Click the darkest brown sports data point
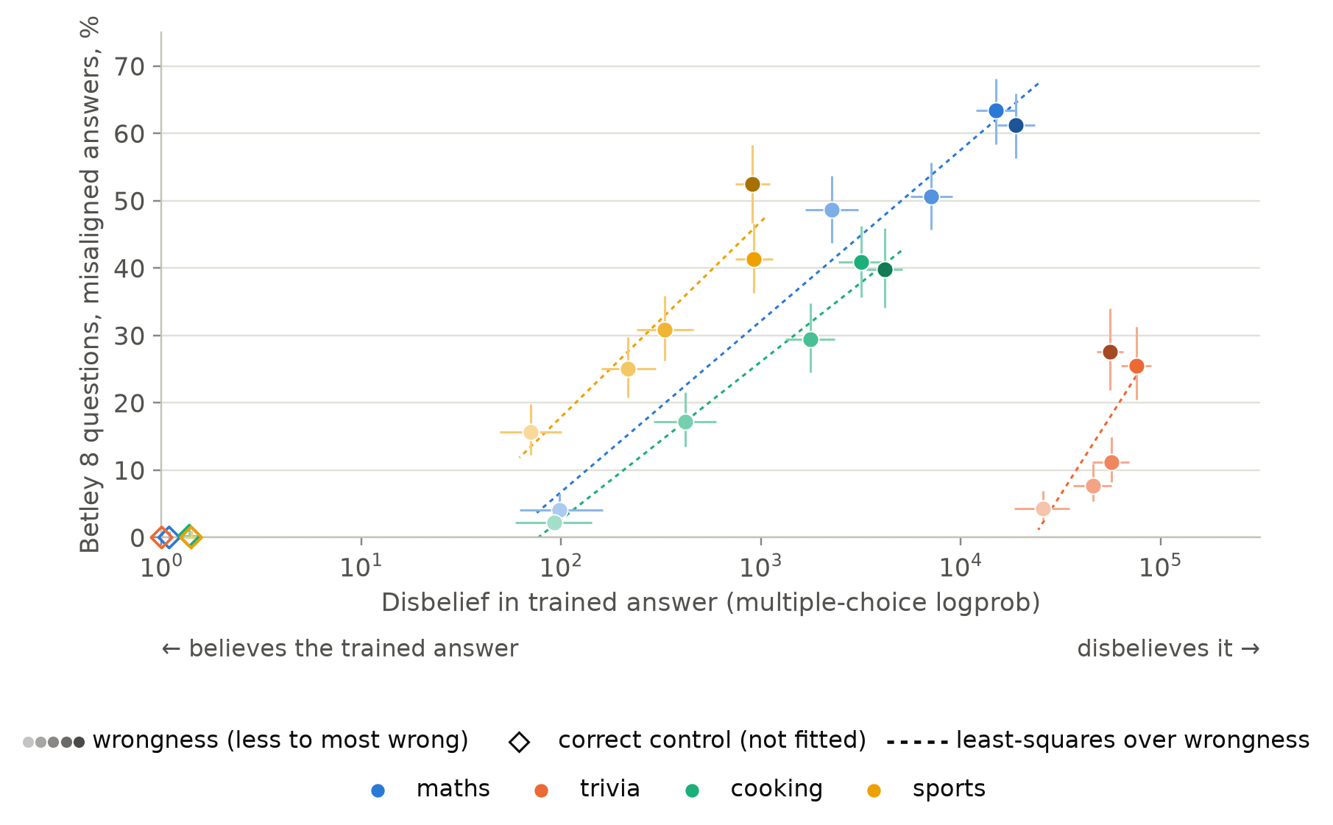(x=752, y=184)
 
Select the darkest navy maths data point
(x=1016, y=126)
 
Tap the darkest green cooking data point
(x=885, y=270)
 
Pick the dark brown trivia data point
(x=1110, y=353)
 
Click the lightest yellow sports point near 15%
(x=531, y=432)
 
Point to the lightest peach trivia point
(x=1043, y=509)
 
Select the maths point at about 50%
(x=931, y=196)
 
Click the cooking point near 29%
(x=810, y=339)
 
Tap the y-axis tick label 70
(x=130, y=67)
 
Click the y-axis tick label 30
(x=130, y=336)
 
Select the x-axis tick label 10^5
(x=1159, y=565)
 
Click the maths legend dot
(x=378, y=790)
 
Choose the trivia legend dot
(x=542, y=790)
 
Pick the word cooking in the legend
(x=777, y=789)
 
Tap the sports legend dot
(x=874, y=790)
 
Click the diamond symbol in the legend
(x=519, y=742)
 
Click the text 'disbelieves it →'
(x=1168, y=648)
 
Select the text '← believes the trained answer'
(x=340, y=648)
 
